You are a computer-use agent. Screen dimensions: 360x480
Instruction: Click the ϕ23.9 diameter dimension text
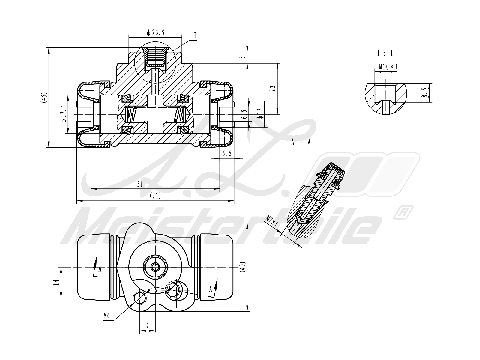tap(156, 33)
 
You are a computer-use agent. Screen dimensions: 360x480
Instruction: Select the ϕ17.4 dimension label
tap(63, 114)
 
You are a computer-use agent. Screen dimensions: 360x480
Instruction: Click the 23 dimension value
tap(273, 88)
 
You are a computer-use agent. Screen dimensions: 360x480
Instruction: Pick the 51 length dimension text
tap(140, 184)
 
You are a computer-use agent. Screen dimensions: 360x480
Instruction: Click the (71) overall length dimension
tap(155, 196)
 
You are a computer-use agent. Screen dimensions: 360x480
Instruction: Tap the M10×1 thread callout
tap(388, 67)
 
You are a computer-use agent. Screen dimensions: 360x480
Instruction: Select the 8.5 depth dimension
tap(424, 93)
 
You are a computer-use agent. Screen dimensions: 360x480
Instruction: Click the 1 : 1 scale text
tap(385, 54)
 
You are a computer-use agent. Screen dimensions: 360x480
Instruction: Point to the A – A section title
tap(301, 142)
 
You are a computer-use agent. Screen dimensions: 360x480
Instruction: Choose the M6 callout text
tap(107, 315)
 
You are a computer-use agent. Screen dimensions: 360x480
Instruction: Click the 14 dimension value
tap(56, 282)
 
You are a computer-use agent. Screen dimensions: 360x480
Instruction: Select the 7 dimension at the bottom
tap(148, 325)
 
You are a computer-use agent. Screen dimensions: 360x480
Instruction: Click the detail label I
tap(195, 36)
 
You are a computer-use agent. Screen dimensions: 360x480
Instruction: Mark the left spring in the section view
tap(130, 114)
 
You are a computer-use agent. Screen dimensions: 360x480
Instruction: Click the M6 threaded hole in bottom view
tap(140, 298)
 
